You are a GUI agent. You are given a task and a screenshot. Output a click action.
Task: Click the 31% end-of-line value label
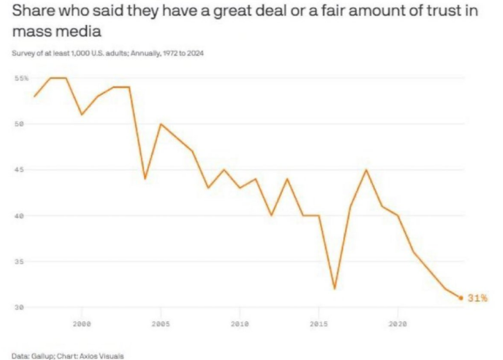pyautogui.click(x=477, y=298)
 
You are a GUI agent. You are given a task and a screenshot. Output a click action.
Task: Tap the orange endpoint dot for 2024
pyautogui.click(x=461, y=298)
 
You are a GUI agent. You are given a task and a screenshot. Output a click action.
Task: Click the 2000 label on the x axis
pyautogui.click(x=82, y=325)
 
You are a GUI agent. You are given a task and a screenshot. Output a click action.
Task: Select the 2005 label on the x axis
pyautogui.click(x=160, y=325)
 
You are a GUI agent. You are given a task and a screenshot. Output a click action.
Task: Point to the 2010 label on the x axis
pyautogui.click(x=239, y=325)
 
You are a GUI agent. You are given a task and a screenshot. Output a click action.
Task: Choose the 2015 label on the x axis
pyautogui.click(x=318, y=325)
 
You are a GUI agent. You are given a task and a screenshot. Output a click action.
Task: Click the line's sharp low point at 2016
pyautogui.click(x=335, y=289)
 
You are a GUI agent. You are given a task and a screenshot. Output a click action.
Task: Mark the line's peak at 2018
pyautogui.click(x=366, y=170)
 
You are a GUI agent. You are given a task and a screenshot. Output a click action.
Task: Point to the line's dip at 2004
pyautogui.click(x=145, y=179)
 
